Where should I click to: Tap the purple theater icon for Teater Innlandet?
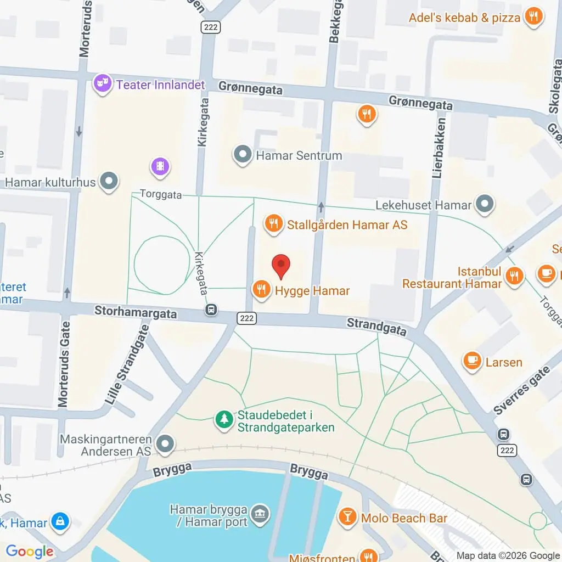(102, 85)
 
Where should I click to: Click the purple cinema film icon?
(160, 166)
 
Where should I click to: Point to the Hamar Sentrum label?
(299, 155)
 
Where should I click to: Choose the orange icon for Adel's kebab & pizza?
(532, 16)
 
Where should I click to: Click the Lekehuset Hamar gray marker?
(484, 205)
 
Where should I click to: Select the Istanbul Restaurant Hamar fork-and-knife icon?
(514, 276)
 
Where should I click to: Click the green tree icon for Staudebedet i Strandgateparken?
(223, 420)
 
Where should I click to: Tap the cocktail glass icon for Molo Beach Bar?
(348, 516)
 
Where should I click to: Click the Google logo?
(29, 552)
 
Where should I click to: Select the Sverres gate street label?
(521, 390)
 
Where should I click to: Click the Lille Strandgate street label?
(127, 357)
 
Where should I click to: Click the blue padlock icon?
(59, 522)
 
